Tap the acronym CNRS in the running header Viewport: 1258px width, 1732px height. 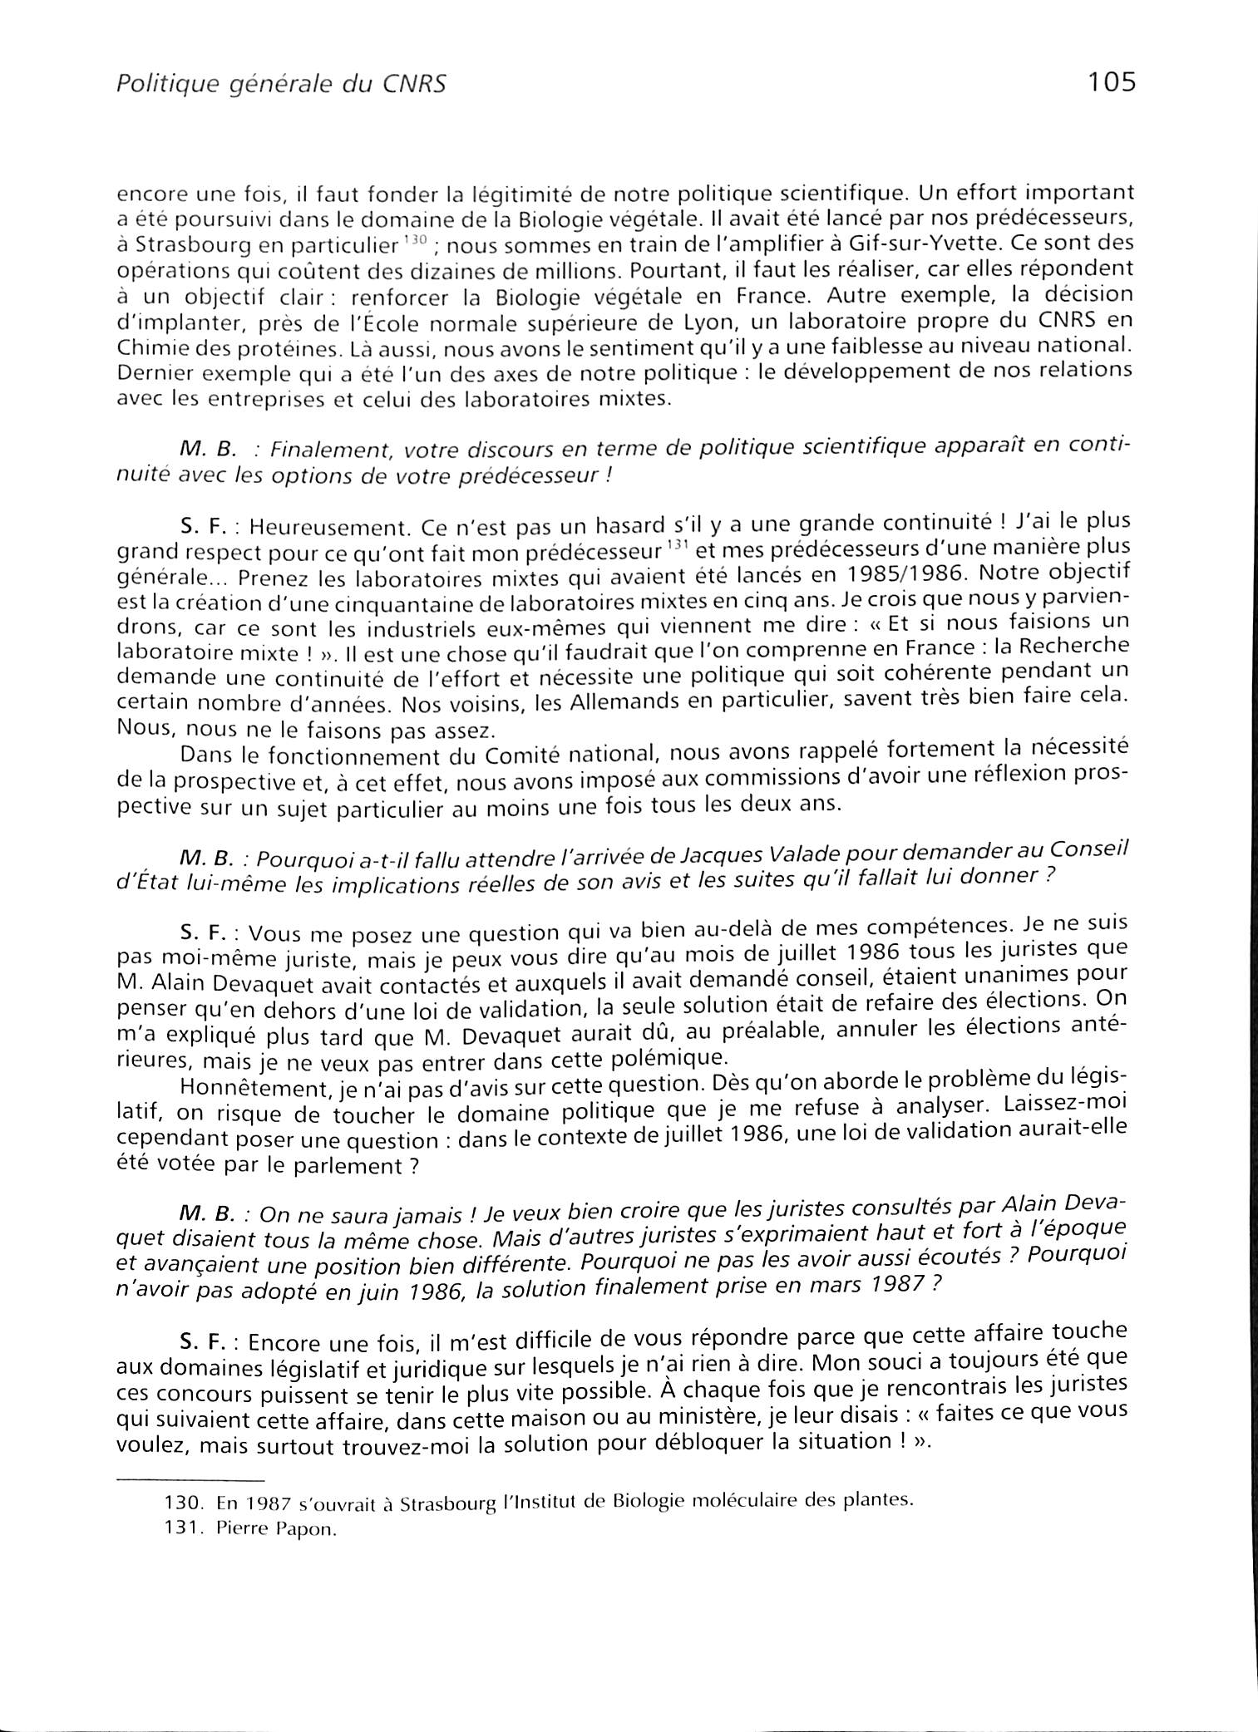416,85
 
